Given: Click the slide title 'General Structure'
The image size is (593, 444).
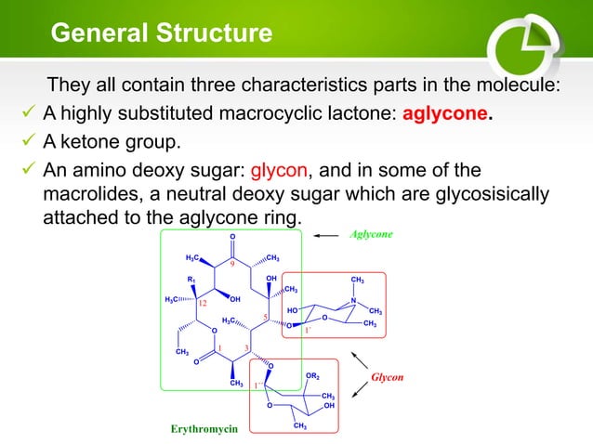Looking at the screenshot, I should [x=161, y=34].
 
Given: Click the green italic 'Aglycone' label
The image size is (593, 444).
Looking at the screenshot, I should [x=371, y=236].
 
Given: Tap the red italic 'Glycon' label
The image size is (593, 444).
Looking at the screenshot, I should [x=388, y=378].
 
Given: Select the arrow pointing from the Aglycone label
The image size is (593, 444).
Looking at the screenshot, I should [x=326, y=236].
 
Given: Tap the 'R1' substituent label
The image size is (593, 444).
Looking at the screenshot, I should [x=191, y=280].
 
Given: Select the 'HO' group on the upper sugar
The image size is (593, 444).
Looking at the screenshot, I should [x=293, y=310].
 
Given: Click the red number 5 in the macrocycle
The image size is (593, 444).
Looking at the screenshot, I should [x=265, y=316].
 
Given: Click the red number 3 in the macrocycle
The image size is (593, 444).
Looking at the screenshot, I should [x=245, y=347].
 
